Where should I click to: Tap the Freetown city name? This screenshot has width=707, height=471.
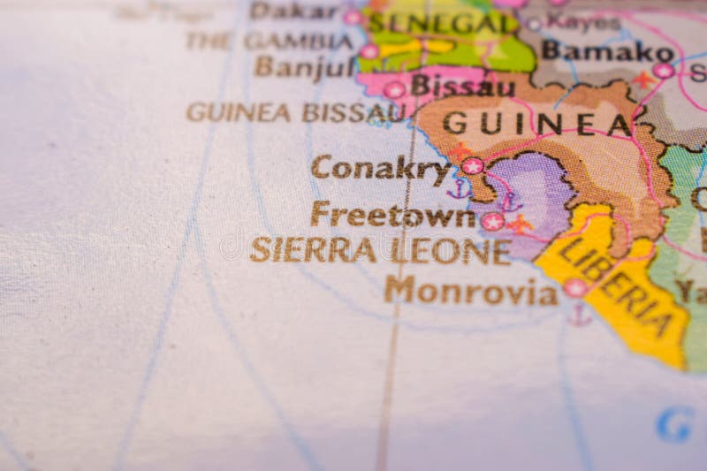[392, 215]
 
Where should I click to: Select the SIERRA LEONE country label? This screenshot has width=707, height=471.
[380, 250]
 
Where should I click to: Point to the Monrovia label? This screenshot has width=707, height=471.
[470, 290]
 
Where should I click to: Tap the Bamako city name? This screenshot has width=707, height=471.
[596, 50]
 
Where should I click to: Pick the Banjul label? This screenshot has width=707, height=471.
[303, 66]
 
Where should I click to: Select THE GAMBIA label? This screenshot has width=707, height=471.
[269, 41]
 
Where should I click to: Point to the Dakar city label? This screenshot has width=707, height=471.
[293, 11]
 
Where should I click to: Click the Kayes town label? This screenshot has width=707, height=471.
[582, 22]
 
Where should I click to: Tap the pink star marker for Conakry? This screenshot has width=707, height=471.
[473, 165]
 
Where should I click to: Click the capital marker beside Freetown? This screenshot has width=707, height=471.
[493, 221]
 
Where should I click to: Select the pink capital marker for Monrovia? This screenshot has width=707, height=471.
[575, 287]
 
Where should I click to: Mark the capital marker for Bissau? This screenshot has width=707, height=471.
[394, 89]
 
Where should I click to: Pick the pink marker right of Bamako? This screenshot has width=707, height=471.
[663, 70]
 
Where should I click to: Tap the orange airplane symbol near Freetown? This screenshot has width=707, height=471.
[521, 224]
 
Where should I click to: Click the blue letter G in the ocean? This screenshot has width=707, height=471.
[673, 424]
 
